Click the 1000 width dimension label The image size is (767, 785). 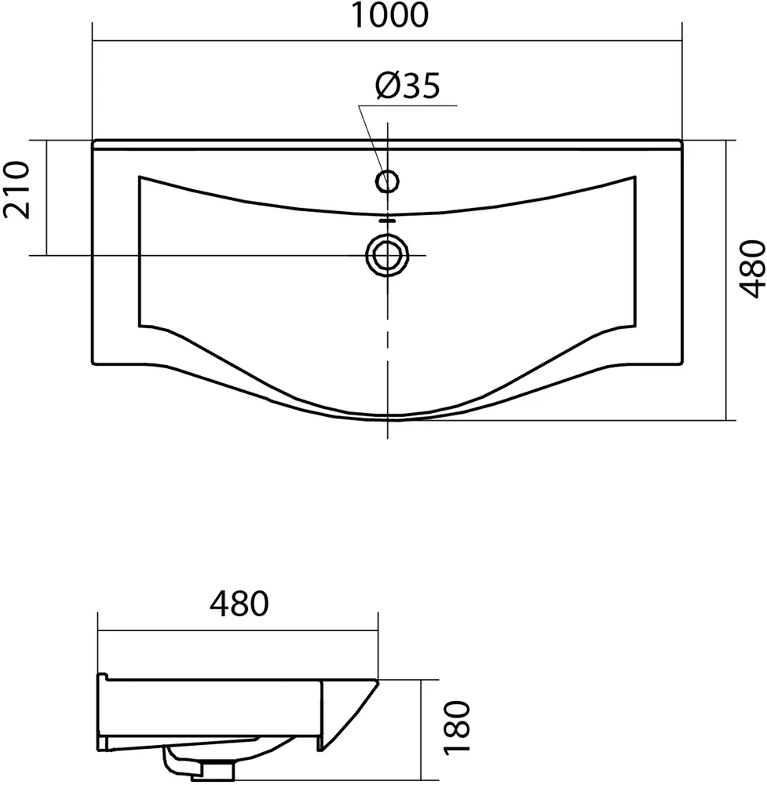(x=390, y=15)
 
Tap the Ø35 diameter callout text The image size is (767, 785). (x=407, y=86)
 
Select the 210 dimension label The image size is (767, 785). (x=16, y=190)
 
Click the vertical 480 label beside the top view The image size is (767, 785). (x=753, y=269)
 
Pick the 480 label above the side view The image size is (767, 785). (x=239, y=604)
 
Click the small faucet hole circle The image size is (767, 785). (x=387, y=181)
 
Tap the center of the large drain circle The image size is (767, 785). (x=387, y=256)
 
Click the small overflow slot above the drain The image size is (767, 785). (x=387, y=220)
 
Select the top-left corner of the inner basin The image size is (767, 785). (x=139, y=176)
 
